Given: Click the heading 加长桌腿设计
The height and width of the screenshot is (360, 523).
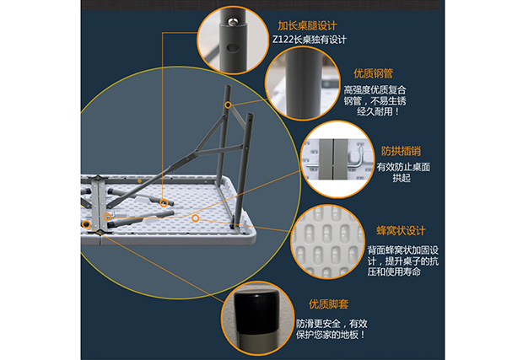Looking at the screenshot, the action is click(307, 25).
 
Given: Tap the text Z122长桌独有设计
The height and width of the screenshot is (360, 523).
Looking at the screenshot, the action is click(310, 40).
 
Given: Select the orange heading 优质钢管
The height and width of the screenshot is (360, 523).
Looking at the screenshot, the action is click(374, 73).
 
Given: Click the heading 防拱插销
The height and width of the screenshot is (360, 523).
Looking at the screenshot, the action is click(401, 151).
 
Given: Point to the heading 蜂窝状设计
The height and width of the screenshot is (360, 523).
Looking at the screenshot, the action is click(401, 231).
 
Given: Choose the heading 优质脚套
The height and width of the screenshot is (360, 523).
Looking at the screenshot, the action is click(328, 304).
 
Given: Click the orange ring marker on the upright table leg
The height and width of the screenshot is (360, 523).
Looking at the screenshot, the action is click(228, 105).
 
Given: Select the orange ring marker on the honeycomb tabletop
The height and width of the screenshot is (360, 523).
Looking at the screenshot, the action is click(196, 218).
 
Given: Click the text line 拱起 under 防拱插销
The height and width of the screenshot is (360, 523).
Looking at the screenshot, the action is click(402, 178).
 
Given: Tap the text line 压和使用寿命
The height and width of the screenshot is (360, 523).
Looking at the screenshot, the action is click(394, 272).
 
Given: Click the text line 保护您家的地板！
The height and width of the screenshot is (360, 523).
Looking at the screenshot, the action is click(331, 335).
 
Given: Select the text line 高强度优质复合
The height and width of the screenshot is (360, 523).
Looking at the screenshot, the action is click(375, 89).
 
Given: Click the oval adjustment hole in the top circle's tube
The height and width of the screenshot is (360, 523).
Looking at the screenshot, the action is click(234, 48).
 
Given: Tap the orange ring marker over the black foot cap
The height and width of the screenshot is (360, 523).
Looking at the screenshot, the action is click(86, 224).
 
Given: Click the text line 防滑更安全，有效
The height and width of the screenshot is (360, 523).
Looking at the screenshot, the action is click(332, 324).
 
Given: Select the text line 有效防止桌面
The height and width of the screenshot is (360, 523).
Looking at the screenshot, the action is click(403, 167).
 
